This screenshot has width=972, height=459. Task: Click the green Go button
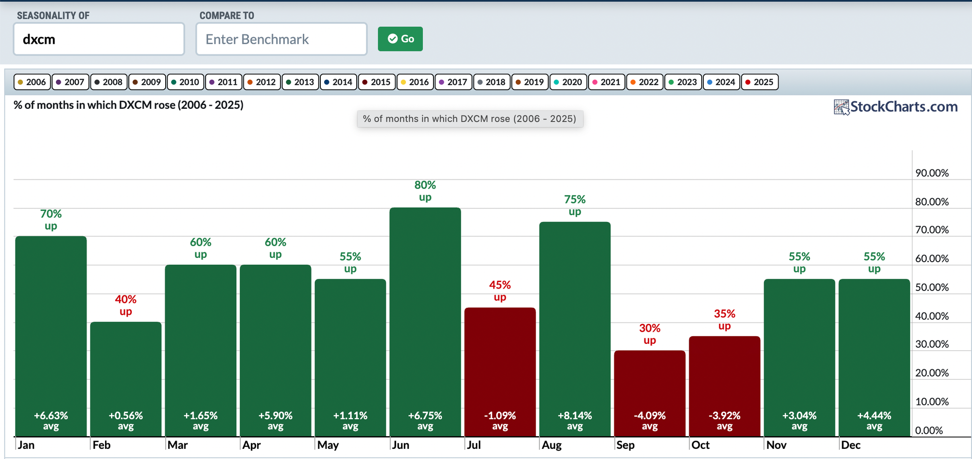tap(400, 39)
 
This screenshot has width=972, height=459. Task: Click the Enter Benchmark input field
tap(281, 39)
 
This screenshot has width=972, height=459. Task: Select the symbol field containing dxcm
tap(99, 39)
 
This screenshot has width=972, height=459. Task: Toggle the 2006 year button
tap(32, 82)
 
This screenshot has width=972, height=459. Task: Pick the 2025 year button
tap(760, 82)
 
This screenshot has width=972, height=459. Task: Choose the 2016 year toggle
tap(415, 82)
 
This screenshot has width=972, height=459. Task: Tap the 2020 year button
tap(568, 82)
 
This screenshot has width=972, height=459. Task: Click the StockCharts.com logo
tap(896, 107)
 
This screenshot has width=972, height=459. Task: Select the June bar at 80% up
tap(425, 322)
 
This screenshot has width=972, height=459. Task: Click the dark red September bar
tap(650, 393)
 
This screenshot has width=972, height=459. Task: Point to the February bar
tap(126, 379)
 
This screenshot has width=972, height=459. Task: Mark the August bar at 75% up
tap(575, 329)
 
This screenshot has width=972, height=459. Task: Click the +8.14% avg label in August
tap(575, 421)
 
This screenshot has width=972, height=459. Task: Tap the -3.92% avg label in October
tap(725, 421)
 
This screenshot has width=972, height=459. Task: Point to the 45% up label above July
tap(500, 291)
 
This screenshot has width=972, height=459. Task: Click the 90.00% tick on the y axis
tap(932, 173)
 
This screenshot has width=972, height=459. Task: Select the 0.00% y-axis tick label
tap(929, 430)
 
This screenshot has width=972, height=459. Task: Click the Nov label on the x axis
tap(776, 445)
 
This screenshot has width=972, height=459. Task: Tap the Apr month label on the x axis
tap(252, 445)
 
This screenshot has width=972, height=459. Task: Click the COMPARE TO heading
tap(227, 16)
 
